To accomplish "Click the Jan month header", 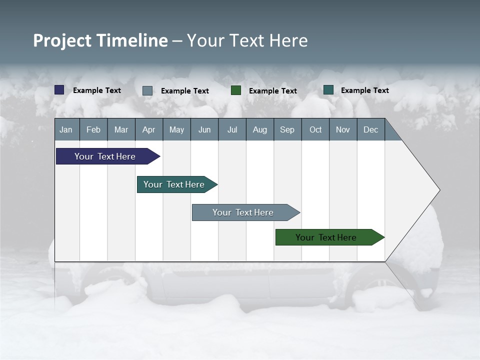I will [x=66, y=129].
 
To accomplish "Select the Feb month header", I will [x=93, y=129].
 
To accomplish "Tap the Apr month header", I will [x=148, y=129].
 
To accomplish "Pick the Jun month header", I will [x=204, y=129].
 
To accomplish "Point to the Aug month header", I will [x=259, y=129].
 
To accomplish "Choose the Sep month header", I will [x=287, y=129].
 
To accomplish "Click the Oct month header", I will [x=315, y=129].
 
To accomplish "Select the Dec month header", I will [x=370, y=129].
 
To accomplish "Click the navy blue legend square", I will [x=59, y=90].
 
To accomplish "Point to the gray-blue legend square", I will [x=147, y=90].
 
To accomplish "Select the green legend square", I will [x=236, y=90].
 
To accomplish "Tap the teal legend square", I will [x=328, y=90].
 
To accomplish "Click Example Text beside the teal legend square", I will [x=364, y=90].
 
